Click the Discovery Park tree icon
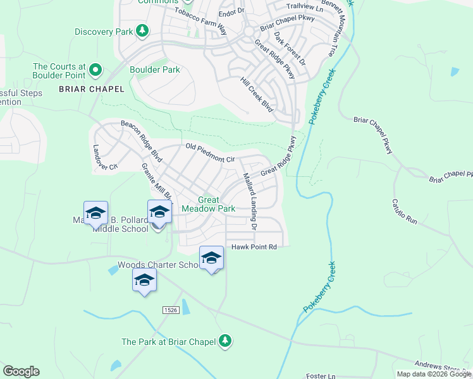tap(143, 31)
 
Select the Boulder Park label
tap(154, 70)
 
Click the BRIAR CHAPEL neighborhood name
tap(87, 89)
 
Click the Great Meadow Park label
tap(208, 204)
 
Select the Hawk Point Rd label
tap(254, 247)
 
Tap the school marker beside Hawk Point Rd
tap(211, 258)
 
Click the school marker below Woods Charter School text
tap(144, 280)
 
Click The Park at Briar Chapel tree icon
tap(224, 342)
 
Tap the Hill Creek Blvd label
tap(257, 95)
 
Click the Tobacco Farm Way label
tap(200, 20)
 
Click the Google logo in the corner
tap(21, 371)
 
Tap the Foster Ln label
tap(321, 376)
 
